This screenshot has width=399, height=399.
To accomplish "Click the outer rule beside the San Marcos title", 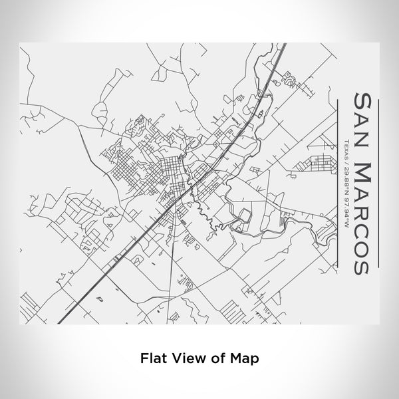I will (378, 180).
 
